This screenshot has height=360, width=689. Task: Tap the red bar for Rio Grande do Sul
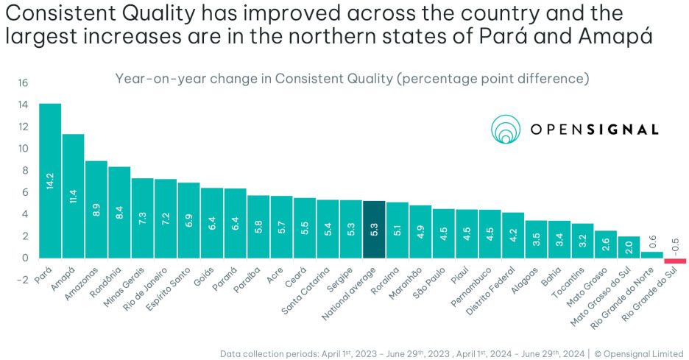[x=675, y=261]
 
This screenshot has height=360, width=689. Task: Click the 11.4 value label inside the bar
[x=73, y=196]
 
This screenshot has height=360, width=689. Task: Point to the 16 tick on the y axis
[x=22, y=83]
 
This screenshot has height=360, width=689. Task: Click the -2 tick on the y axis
[x=22, y=280]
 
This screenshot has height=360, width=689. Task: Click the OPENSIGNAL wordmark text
[x=595, y=130]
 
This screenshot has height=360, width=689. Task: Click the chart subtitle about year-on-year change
[x=352, y=79]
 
